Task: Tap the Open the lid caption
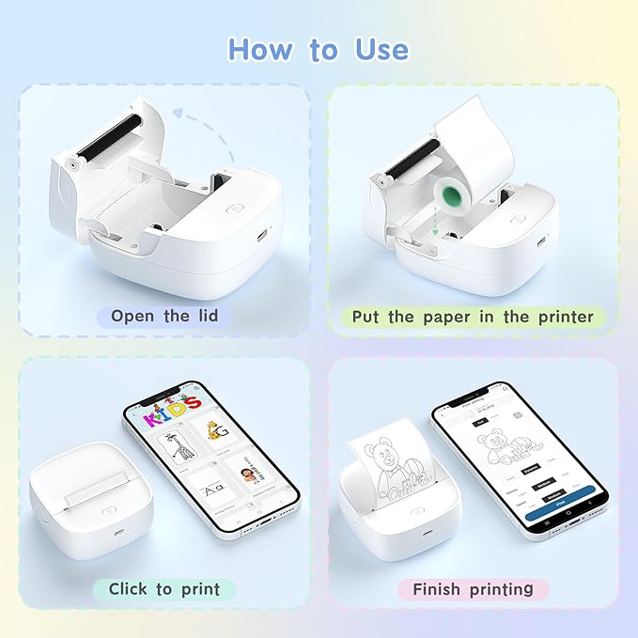[x=164, y=316]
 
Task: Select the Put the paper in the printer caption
[x=473, y=317]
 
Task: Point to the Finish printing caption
[x=473, y=589]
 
